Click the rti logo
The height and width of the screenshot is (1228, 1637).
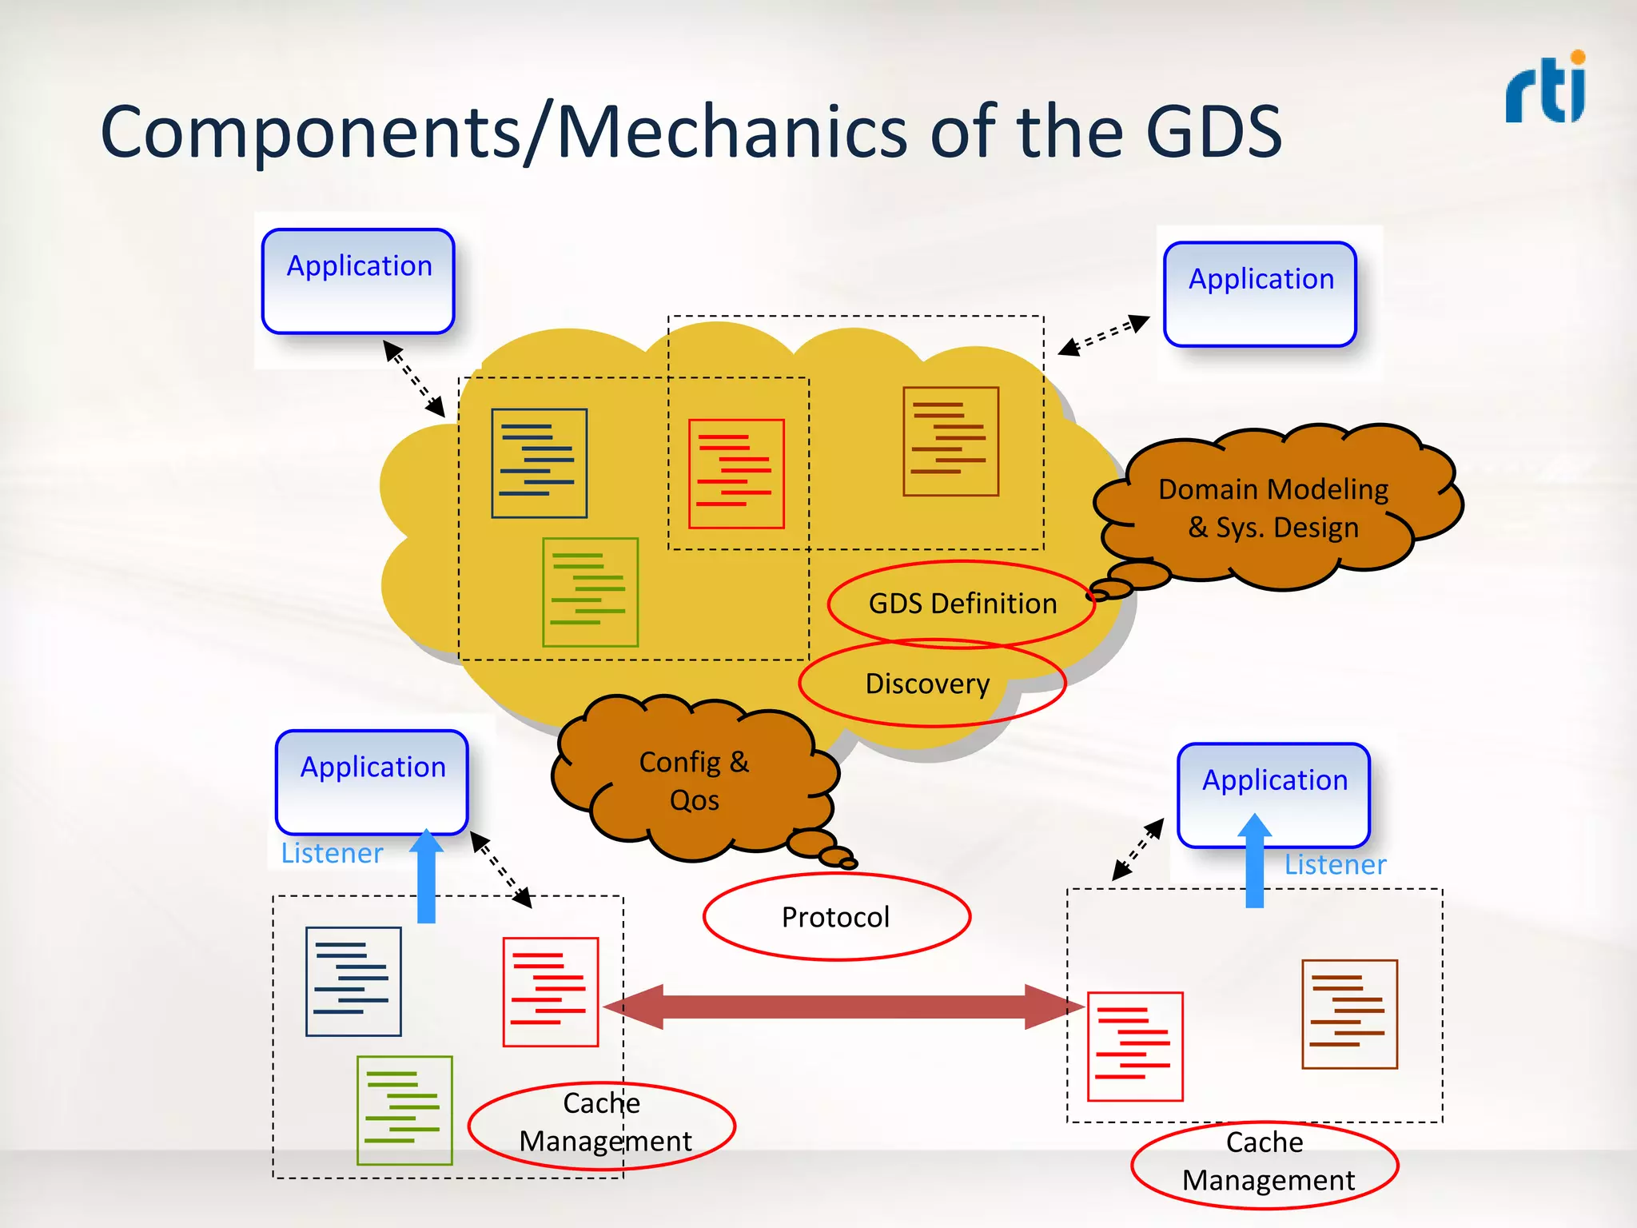tap(1545, 90)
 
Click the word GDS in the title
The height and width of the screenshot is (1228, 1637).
tap(1213, 132)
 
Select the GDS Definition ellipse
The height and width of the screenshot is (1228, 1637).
tap(962, 604)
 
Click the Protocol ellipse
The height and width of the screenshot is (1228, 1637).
tap(836, 917)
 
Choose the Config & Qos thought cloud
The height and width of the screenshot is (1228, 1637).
tap(694, 779)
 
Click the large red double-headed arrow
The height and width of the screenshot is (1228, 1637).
tap(843, 1007)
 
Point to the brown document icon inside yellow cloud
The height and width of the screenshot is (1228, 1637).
tap(950, 441)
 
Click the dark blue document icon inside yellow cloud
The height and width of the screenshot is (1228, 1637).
tap(540, 464)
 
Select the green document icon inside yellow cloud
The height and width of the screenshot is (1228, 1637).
tap(590, 592)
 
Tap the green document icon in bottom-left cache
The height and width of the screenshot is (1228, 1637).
tap(404, 1110)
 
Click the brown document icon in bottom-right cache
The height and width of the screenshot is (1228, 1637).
tap(1349, 1014)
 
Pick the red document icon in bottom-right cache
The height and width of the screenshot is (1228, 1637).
tap(1135, 1047)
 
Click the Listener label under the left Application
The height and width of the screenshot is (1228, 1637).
tap(332, 853)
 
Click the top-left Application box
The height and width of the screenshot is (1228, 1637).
tap(358, 281)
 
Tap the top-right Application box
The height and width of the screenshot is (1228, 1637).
tap(1260, 293)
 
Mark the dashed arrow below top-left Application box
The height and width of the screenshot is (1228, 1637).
tap(414, 378)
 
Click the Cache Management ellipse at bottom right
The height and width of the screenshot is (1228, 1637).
tap(1265, 1163)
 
